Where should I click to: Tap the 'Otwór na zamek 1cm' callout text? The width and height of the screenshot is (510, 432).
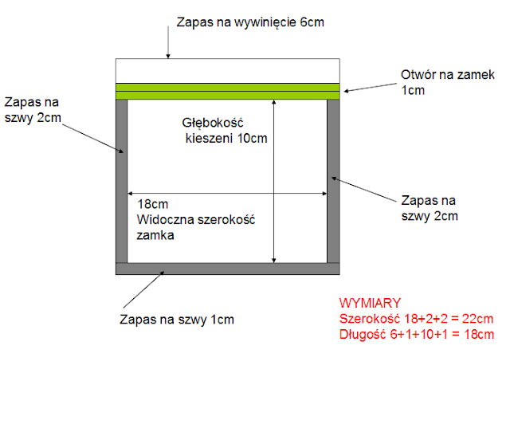(447, 82)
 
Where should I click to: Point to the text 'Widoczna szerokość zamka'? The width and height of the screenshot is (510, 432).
(195, 227)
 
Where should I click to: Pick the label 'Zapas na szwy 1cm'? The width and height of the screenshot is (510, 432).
(176, 320)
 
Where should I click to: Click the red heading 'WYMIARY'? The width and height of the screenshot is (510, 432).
(370, 304)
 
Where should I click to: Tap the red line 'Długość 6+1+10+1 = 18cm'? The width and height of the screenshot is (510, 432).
(416, 334)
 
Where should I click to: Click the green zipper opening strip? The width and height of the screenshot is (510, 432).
(228, 91)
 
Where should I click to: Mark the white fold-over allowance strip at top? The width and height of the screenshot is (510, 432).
(228, 70)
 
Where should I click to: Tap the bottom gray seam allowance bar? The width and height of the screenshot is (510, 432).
(228, 269)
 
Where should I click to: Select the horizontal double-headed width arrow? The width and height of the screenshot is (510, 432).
(228, 194)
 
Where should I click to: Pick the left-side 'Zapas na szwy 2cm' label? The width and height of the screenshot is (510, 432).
(32, 111)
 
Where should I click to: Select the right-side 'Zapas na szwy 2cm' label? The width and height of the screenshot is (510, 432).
(430, 207)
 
